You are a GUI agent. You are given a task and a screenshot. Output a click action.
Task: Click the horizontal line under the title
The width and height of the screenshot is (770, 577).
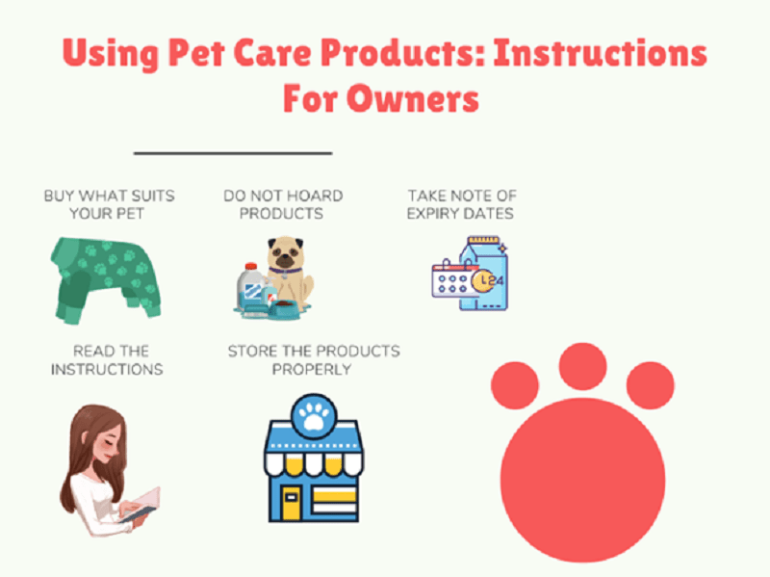(232, 152)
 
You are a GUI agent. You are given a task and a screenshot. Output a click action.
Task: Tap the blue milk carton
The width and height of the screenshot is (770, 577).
(486, 275)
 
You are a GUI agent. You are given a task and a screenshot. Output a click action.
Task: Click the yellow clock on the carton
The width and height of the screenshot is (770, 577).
(485, 281)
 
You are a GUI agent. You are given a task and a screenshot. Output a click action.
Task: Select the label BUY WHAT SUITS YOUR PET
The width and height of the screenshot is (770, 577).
(109, 203)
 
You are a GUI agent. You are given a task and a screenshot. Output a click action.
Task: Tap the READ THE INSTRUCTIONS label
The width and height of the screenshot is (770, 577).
(107, 359)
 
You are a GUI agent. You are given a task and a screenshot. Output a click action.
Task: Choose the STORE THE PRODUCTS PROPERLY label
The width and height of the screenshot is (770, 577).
(314, 359)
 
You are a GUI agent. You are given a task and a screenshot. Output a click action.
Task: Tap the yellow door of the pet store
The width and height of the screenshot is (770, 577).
(292, 500)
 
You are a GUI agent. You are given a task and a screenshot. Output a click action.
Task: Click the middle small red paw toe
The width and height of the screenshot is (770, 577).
(583, 366)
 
